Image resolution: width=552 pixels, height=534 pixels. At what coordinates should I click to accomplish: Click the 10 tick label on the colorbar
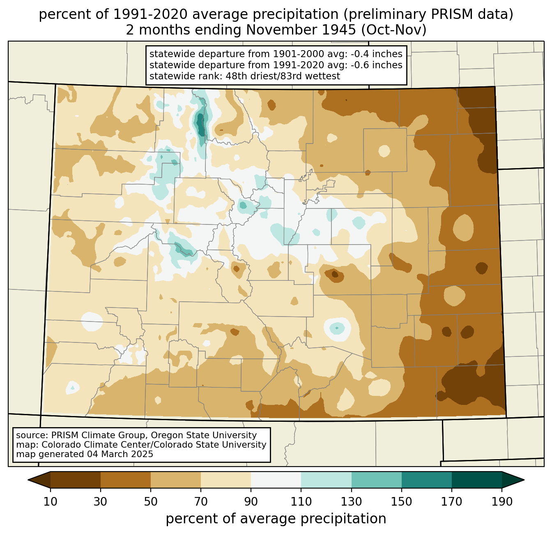[x=50, y=502]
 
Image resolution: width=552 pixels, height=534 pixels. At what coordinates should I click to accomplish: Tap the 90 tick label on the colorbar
[x=251, y=502]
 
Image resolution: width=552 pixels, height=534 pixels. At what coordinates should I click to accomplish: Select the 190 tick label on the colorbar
[x=501, y=502]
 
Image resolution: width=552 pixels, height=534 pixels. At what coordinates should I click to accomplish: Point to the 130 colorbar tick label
[x=351, y=502]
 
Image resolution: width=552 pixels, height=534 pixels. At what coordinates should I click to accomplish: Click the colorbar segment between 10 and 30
[x=76, y=480]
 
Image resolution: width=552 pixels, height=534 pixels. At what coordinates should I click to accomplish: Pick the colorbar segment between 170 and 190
[x=476, y=480]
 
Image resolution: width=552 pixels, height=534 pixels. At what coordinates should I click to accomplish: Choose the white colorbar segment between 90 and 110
[x=276, y=480]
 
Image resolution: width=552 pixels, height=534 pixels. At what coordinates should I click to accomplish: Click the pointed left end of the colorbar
[x=28, y=480]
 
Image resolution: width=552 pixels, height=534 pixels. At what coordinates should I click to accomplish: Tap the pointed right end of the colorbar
[x=524, y=480]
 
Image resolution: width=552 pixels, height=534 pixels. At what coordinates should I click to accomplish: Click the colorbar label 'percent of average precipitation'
[x=276, y=519]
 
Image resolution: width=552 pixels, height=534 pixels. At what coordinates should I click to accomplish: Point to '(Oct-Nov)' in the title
[x=393, y=30]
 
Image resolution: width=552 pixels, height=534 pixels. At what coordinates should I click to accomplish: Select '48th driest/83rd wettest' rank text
[x=283, y=76]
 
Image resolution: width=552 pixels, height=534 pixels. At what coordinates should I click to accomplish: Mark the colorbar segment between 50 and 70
[x=176, y=480]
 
